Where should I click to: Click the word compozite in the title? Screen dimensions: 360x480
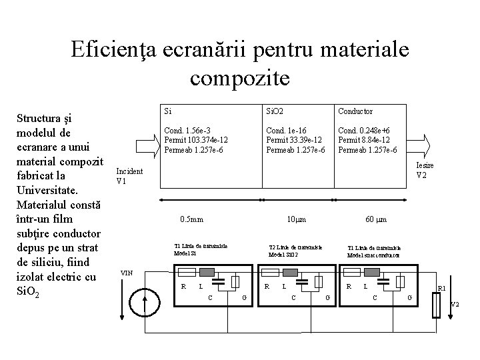click(240, 78)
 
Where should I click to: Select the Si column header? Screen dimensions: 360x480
click(169, 111)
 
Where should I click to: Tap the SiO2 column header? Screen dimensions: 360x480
click(275, 111)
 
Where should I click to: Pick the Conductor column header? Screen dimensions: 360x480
click(355, 111)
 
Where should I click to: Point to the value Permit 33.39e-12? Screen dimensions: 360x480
click(295, 140)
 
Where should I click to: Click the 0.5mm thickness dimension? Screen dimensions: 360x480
click(192, 219)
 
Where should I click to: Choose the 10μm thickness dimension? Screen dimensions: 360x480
click(295, 219)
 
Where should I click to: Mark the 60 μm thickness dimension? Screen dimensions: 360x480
click(376, 219)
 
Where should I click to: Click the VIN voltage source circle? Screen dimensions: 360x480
click(146, 302)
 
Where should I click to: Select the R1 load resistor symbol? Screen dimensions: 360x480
click(437, 307)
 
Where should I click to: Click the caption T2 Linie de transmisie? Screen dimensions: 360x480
click(294, 247)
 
